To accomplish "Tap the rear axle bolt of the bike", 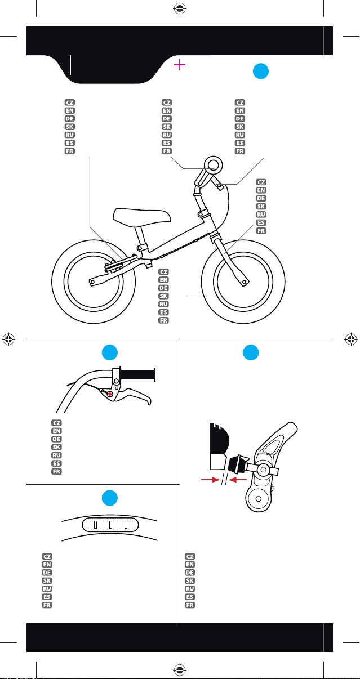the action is click(92, 282).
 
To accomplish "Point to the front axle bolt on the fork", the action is click(244, 282).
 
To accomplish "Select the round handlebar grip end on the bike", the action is click(213, 165).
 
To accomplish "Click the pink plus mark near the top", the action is click(180, 65).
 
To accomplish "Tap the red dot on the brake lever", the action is click(110, 394).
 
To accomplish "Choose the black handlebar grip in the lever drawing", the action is click(138, 374).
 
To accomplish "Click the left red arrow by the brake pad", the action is click(211, 480).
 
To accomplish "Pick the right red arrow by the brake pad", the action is click(238, 480).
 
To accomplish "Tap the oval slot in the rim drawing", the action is click(110, 525).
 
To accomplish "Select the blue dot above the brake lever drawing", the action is click(110, 352).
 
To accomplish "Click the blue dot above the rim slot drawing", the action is click(110, 498).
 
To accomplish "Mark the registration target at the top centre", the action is click(180, 8).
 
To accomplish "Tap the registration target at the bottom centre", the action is click(180, 669).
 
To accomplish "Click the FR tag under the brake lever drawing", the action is click(56, 471).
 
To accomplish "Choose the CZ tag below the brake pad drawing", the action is click(189, 556).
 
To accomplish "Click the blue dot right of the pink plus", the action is click(261, 71).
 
